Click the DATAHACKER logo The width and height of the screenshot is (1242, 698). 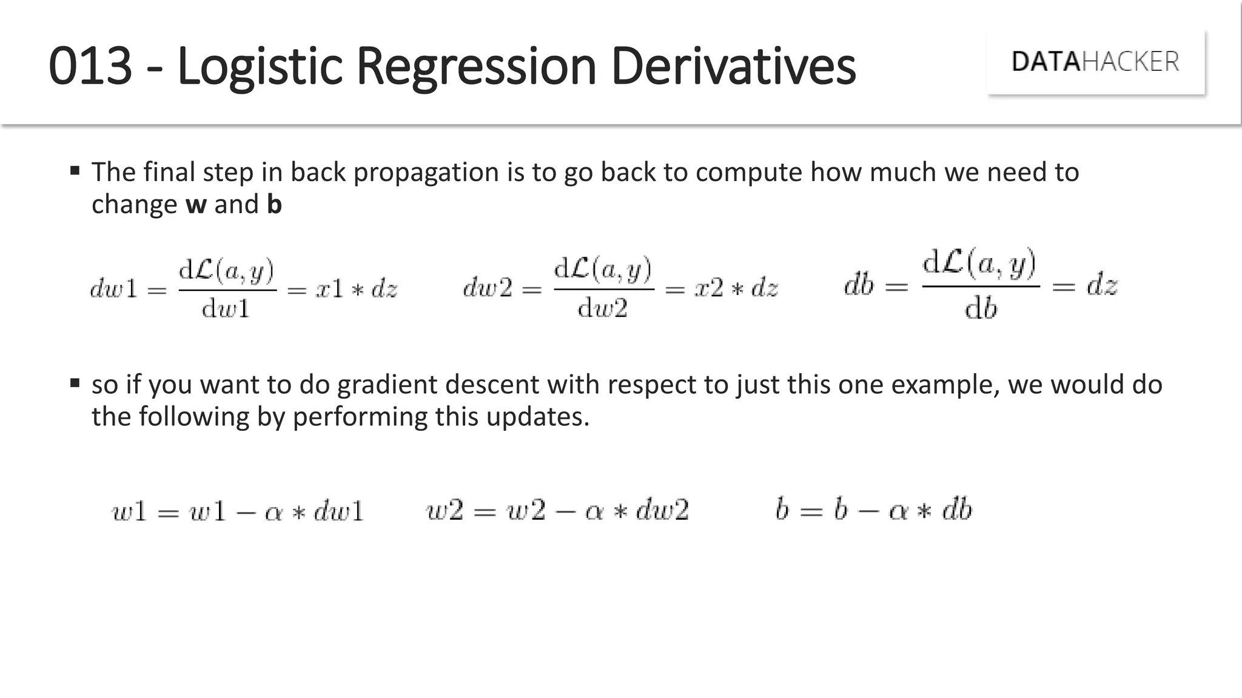click(1095, 62)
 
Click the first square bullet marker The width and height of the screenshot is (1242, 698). click(75, 171)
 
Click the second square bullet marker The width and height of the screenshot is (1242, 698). click(75, 383)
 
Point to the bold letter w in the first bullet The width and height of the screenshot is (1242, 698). click(196, 205)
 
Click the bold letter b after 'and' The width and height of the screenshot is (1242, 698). click(274, 205)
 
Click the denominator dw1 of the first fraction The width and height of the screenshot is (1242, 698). click(226, 309)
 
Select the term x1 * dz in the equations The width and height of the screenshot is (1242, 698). click(357, 289)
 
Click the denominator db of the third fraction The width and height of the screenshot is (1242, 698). click(981, 309)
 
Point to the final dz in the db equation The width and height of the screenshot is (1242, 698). click(1101, 285)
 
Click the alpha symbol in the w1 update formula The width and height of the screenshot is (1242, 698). click(274, 513)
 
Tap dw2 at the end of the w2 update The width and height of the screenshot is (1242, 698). click(662, 510)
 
